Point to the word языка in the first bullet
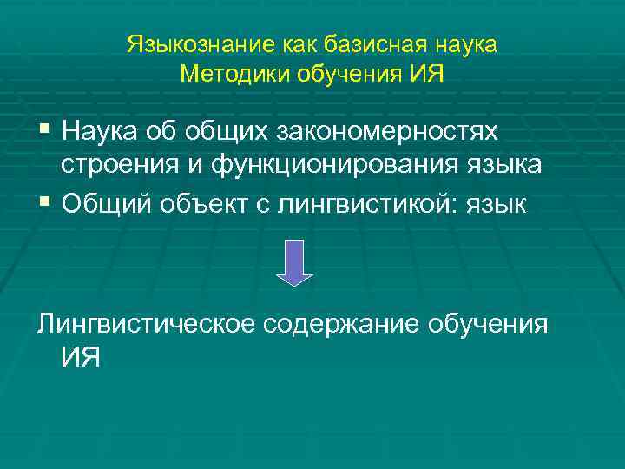(506, 165)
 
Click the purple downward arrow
(294, 263)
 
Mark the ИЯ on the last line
(81, 357)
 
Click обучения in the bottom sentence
(489, 324)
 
